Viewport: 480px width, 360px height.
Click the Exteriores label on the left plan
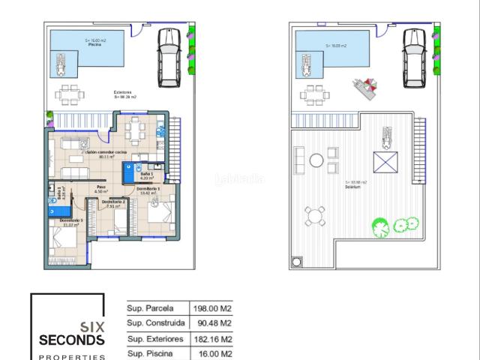pyautogui.click(x=123, y=94)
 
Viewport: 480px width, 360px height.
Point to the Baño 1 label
pyautogui.click(x=147, y=177)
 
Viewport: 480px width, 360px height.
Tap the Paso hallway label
pyautogui.click(x=101, y=189)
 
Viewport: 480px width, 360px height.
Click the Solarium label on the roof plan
pyautogui.click(x=352, y=185)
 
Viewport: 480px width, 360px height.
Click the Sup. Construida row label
pyautogui.click(x=155, y=323)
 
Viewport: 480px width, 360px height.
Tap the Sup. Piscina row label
pyautogui.click(x=150, y=354)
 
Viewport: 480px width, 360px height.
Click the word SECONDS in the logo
pyautogui.click(x=72, y=340)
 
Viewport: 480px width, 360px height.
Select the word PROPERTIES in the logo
pyautogui.click(x=72, y=356)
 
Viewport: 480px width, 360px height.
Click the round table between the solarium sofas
pyautogui.click(x=316, y=160)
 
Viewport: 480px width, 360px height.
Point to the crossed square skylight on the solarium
pyautogui.click(x=385, y=163)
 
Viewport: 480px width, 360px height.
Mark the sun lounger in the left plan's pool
pyautogui.click(x=61, y=64)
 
